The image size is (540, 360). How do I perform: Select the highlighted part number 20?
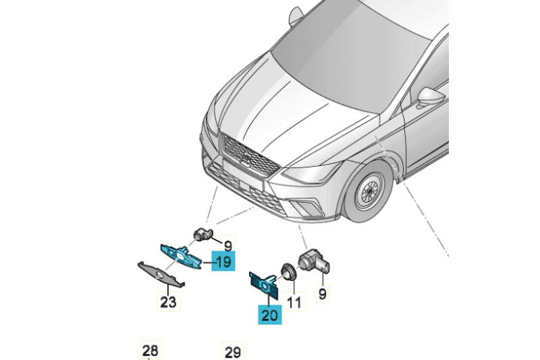click(x=270, y=314)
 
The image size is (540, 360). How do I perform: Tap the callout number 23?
click(x=168, y=301)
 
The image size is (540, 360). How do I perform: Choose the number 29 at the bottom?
click(x=232, y=352)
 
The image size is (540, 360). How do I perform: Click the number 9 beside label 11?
click(x=322, y=294)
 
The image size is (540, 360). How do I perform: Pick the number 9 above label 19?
click(x=227, y=245)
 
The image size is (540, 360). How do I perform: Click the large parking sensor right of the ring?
click(x=314, y=261)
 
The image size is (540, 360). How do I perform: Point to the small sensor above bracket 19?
click(x=202, y=234)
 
